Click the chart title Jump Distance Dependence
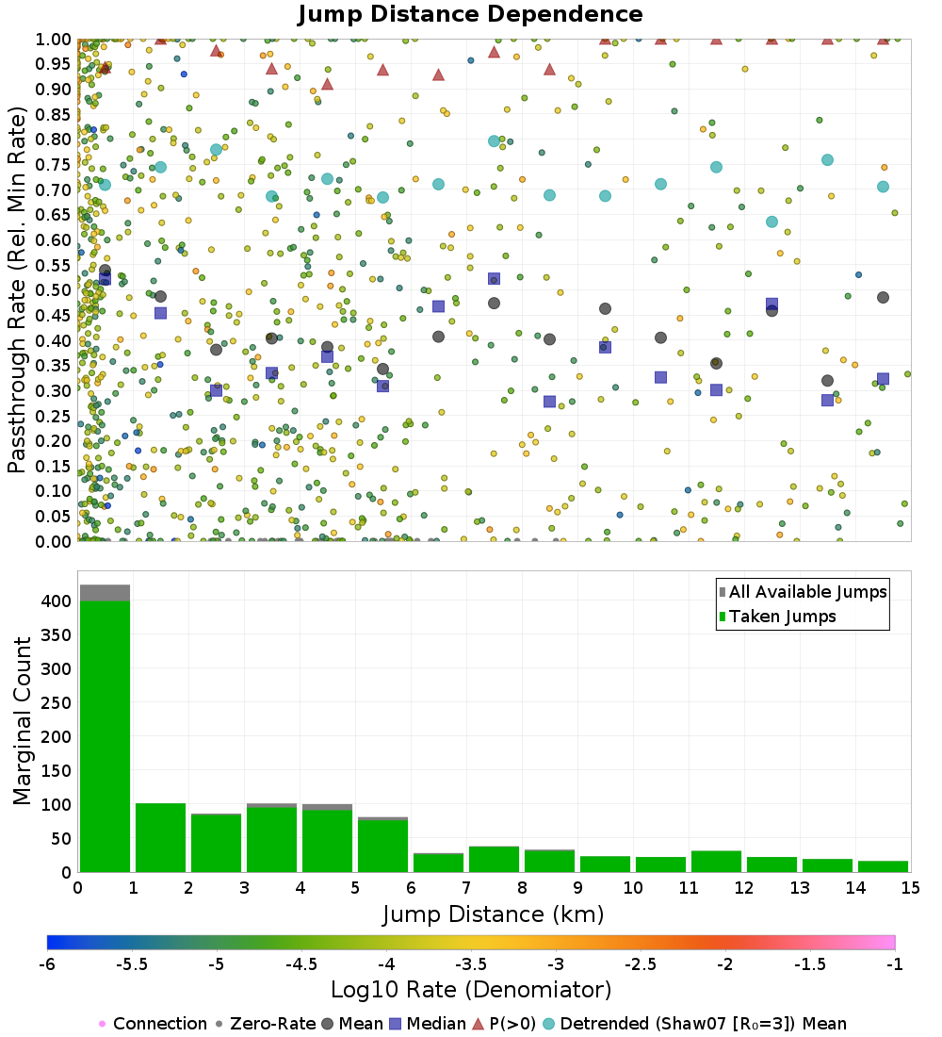pos(470,14)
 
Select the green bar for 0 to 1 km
pos(105,735)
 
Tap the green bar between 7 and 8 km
pos(494,859)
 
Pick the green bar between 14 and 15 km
pos(883,866)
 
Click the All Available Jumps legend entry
pos(804,592)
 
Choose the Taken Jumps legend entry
pos(777,617)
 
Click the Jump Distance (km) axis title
pos(493,914)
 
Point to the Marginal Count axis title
pos(23,721)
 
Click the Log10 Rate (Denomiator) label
pos(471,990)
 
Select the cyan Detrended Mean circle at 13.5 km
pos(827,160)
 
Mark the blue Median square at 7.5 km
pos(494,279)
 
